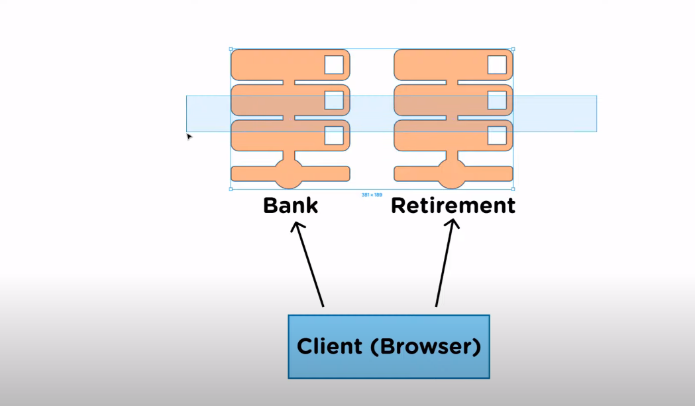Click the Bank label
(290, 206)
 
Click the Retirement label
(453, 206)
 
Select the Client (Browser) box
(389, 346)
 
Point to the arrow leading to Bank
(307, 265)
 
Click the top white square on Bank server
(334, 65)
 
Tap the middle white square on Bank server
(334, 100)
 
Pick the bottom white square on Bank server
(334, 135)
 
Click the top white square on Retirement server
(497, 65)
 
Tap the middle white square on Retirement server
(497, 100)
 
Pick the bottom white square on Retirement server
(497, 135)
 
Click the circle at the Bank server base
(289, 174)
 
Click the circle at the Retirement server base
(452, 174)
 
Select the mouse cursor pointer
(189, 137)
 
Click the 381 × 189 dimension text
(372, 195)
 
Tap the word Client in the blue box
(329, 346)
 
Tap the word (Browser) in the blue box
(425, 346)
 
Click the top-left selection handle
(231, 49)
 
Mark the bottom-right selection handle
(513, 189)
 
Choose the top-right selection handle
(513, 49)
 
